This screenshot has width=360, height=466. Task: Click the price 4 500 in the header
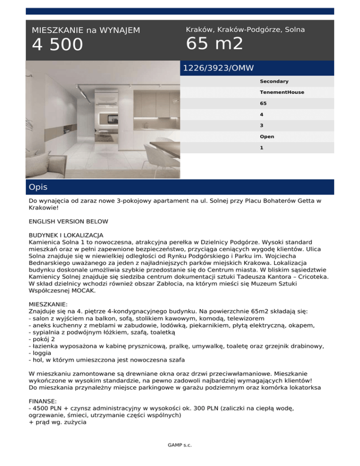(x=57, y=45)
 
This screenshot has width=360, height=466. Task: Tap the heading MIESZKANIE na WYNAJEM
(x=86, y=30)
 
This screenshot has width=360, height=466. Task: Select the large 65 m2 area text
(x=215, y=44)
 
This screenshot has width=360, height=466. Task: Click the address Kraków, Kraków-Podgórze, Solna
(x=245, y=29)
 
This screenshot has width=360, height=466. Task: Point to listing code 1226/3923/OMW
(x=218, y=68)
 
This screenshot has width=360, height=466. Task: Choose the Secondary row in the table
(x=274, y=82)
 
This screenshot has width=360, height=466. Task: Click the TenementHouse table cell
(x=282, y=92)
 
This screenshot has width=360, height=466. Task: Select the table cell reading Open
(x=267, y=137)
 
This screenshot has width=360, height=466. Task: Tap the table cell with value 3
(x=262, y=126)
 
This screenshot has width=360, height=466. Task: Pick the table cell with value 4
(x=262, y=114)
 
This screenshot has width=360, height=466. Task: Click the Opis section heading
(x=38, y=187)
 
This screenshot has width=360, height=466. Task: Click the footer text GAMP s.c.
(x=180, y=445)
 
